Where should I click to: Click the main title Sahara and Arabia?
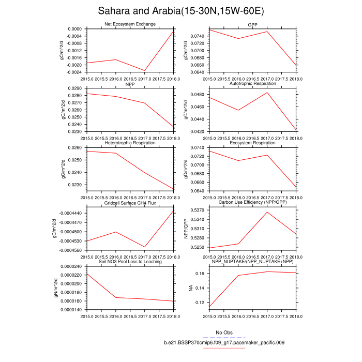pos(181,11)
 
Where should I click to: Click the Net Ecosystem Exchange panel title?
pos(130,24)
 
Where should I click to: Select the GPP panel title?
pos(253,24)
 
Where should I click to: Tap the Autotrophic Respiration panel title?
pos(253,83)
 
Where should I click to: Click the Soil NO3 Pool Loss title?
pos(130,262)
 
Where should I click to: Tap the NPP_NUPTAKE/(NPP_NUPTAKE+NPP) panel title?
pos(253,262)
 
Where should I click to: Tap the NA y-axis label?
pos(191,288)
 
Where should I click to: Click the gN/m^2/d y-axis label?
pos(63,288)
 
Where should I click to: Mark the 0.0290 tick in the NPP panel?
pos(75,88)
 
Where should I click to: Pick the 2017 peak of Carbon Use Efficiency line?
pos(267,212)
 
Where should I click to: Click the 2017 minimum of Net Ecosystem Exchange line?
pos(145,70)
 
